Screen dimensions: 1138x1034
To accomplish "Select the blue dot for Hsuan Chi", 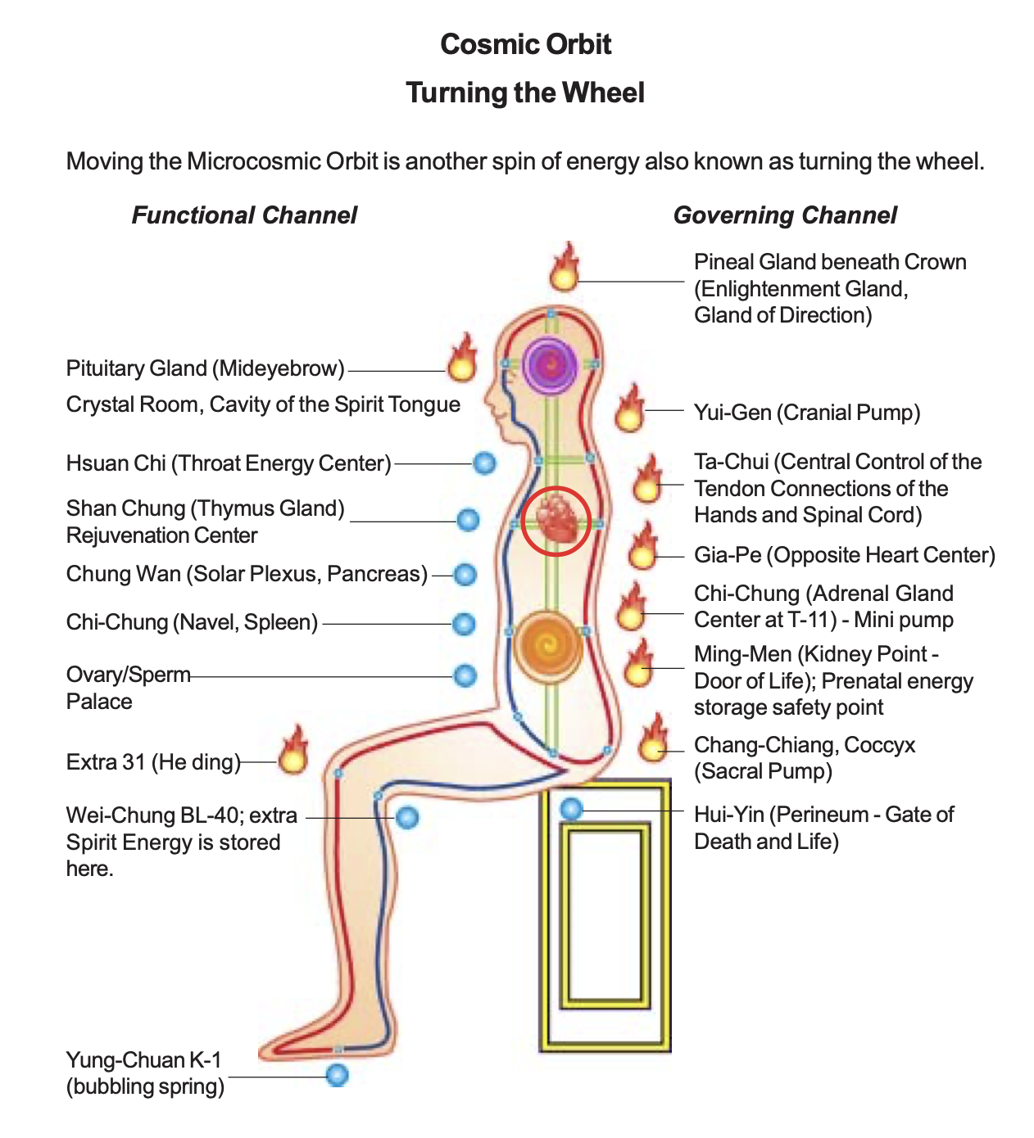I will point(485,463).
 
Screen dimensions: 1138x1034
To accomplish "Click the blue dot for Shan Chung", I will point(468,520).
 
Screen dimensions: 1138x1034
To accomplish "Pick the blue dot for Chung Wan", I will point(465,575).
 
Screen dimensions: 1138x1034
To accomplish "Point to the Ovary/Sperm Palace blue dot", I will point(465,675).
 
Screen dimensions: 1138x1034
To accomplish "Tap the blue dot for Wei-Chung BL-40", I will point(407,816).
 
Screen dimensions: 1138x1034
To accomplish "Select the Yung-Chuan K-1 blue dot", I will point(338,1075).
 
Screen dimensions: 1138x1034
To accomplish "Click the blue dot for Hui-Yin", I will point(571,810).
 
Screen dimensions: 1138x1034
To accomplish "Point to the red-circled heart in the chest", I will point(556,521).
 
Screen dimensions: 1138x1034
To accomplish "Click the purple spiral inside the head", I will point(551,363).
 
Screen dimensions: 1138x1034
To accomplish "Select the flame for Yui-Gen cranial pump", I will point(629,410).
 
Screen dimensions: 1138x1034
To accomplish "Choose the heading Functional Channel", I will point(244,215).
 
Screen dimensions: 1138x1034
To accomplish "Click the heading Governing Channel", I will point(785,215).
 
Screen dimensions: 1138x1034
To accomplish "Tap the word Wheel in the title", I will point(607,93).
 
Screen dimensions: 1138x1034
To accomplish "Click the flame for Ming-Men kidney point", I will point(638,665).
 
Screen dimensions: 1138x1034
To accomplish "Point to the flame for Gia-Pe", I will point(643,548).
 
